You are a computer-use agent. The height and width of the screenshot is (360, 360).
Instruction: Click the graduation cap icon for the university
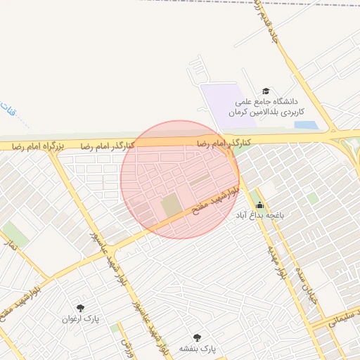point(266,91)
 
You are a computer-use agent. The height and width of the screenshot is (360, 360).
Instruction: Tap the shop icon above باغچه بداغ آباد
point(259,205)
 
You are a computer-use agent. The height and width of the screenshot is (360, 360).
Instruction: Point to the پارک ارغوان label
point(84,319)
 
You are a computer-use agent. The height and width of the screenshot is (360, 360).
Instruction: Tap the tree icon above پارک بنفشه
point(196,337)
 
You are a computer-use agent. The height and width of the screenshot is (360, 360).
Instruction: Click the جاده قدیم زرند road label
point(270,29)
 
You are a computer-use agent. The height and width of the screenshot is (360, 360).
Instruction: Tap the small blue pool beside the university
point(306,125)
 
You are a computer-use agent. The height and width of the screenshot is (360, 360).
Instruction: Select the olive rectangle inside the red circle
point(171,206)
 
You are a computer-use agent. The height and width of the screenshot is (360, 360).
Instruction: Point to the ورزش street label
point(127,346)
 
